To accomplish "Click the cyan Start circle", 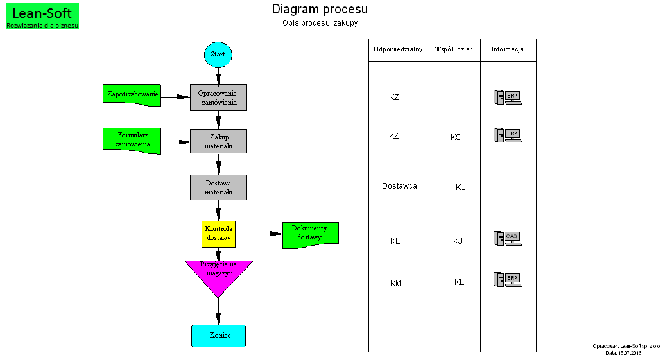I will click(x=218, y=55).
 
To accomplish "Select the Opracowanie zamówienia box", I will click(x=218, y=98).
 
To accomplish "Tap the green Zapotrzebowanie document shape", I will click(x=132, y=94).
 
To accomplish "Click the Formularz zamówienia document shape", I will click(x=132, y=139).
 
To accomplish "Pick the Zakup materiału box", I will click(x=218, y=141).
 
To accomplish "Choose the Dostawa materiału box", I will click(x=218, y=187).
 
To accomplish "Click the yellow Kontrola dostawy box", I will click(x=218, y=234).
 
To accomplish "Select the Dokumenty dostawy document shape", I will click(x=310, y=233).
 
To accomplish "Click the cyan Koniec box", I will click(x=218, y=336).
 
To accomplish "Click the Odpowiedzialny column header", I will click(x=398, y=49).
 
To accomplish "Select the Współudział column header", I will click(x=454, y=49).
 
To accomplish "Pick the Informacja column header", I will click(x=508, y=49).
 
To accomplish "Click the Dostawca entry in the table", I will click(x=399, y=186).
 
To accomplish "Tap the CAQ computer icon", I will click(x=507, y=238).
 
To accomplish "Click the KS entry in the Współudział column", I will click(x=455, y=137).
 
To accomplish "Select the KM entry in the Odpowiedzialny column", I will click(x=395, y=283).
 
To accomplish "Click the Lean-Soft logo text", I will click(x=42, y=13).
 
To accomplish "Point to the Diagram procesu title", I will click(x=320, y=9).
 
